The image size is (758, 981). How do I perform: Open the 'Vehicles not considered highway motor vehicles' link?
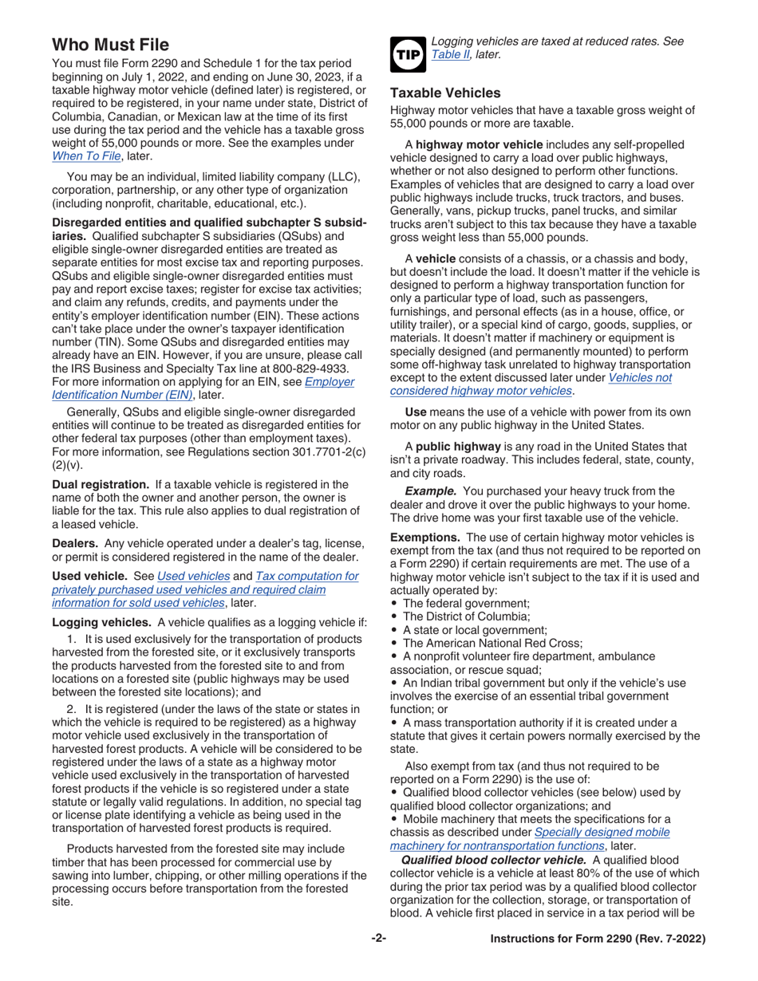531,384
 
